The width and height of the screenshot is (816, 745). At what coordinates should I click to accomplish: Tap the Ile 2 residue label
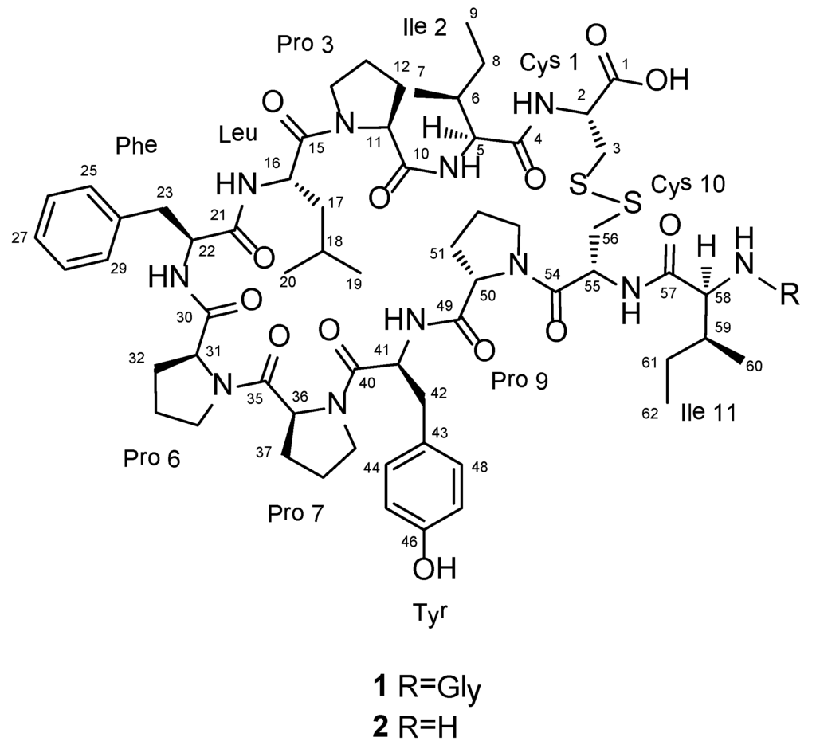(x=423, y=27)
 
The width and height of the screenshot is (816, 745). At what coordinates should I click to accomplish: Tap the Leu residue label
(x=240, y=135)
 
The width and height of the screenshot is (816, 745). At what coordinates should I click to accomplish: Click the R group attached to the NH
(x=792, y=298)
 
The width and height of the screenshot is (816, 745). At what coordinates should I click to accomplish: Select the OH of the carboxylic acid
(x=666, y=80)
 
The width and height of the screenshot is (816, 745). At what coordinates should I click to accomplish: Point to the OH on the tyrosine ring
(x=434, y=569)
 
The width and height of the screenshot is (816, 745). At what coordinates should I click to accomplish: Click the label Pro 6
(x=151, y=458)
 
